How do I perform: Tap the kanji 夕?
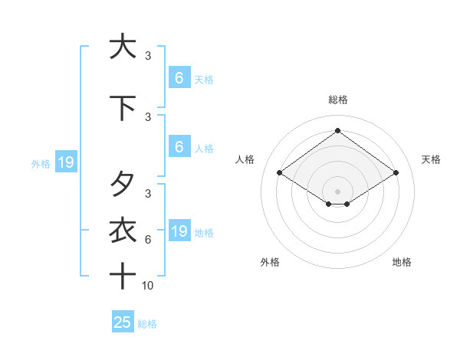tap(123, 184)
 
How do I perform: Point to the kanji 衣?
tap(123, 230)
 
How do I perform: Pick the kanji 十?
tap(123, 275)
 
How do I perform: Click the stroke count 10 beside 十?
tap(148, 286)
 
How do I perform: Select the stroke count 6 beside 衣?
tap(148, 240)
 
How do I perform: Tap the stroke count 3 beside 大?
tap(148, 56)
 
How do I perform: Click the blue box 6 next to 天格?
tap(179, 77)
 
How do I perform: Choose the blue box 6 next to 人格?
tap(179, 147)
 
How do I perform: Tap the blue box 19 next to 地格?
tap(179, 231)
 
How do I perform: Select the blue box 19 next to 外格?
tap(65, 162)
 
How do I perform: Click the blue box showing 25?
tap(123, 322)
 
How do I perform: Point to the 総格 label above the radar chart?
tap(338, 100)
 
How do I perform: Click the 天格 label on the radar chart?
tap(432, 159)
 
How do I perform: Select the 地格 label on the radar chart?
tap(402, 262)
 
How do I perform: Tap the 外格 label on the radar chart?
tap(270, 262)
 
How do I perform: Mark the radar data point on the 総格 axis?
tap(337, 130)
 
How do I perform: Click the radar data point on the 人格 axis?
tap(280, 173)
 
